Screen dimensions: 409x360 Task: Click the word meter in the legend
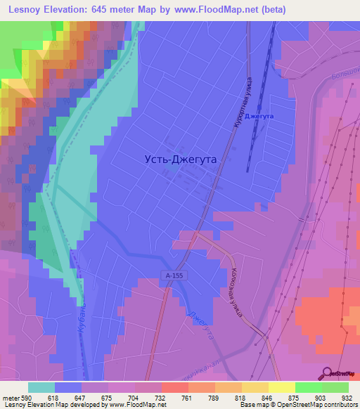[10, 397]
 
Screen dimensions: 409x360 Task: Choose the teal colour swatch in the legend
[41, 387]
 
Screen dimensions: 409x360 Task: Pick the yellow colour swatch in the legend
[281, 387]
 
